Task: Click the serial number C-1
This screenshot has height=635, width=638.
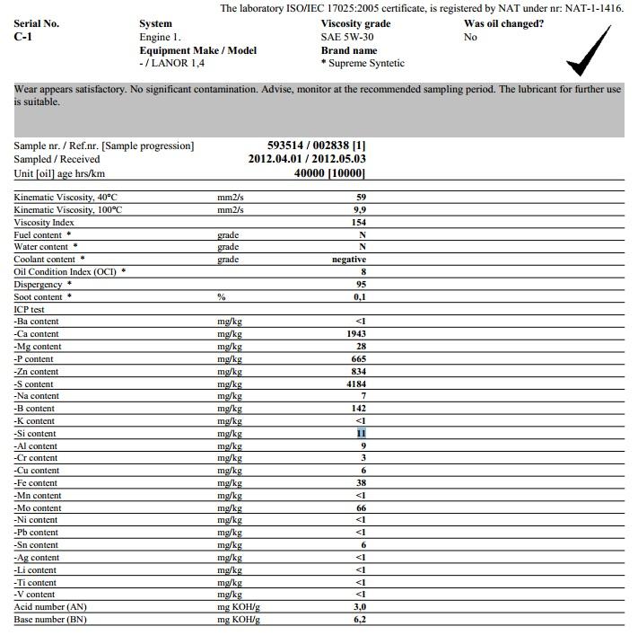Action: click(23, 38)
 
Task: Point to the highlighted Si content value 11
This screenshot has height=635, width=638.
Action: click(362, 433)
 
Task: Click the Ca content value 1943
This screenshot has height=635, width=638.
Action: click(355, 334)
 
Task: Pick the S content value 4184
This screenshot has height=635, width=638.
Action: click(355, 384)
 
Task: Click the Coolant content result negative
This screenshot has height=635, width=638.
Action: click(349, 260)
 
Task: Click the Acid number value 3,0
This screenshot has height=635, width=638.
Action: click(359, 607)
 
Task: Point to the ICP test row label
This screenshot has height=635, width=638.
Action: click(30, 309)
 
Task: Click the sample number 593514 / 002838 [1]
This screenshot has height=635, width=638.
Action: click(317, 146)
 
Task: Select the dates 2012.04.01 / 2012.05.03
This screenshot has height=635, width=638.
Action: click(307, 159)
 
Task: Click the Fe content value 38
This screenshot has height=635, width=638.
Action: click(361, 482)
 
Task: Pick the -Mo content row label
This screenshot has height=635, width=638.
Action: click(37, 507)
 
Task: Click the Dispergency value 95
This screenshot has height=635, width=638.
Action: click(361, 285)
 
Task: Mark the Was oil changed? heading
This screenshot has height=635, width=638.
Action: click(503, 23)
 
